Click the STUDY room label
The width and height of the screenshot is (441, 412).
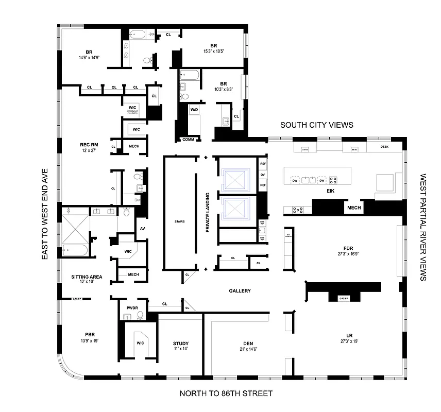[x=181, y=344]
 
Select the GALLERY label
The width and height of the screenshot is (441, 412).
[x=240, y=291]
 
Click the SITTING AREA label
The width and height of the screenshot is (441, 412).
[x=87, y=277]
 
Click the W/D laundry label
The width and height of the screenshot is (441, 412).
[x=194, y=110]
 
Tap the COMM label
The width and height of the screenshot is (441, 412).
[x=188, y=140]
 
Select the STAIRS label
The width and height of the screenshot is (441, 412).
[x=179, y=222]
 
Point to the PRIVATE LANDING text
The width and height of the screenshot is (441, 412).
[x=207, y=213]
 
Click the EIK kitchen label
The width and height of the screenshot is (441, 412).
[x=331, y=191]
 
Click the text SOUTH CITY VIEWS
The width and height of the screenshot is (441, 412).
[x=317, y=125]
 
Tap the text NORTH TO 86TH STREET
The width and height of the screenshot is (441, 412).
[x=226, y=394]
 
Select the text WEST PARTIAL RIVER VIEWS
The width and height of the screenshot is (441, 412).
[x=423, y=227]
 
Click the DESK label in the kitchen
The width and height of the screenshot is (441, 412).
[x=384, y=147]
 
